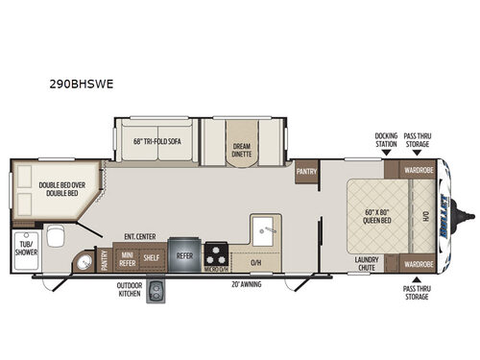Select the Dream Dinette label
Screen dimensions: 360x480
(240, 148)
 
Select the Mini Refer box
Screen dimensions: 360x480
(126, 257)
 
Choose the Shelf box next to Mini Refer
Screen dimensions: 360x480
(151, 257)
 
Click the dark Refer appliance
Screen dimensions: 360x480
(183, 256)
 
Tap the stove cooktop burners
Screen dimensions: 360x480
(218, 255)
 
